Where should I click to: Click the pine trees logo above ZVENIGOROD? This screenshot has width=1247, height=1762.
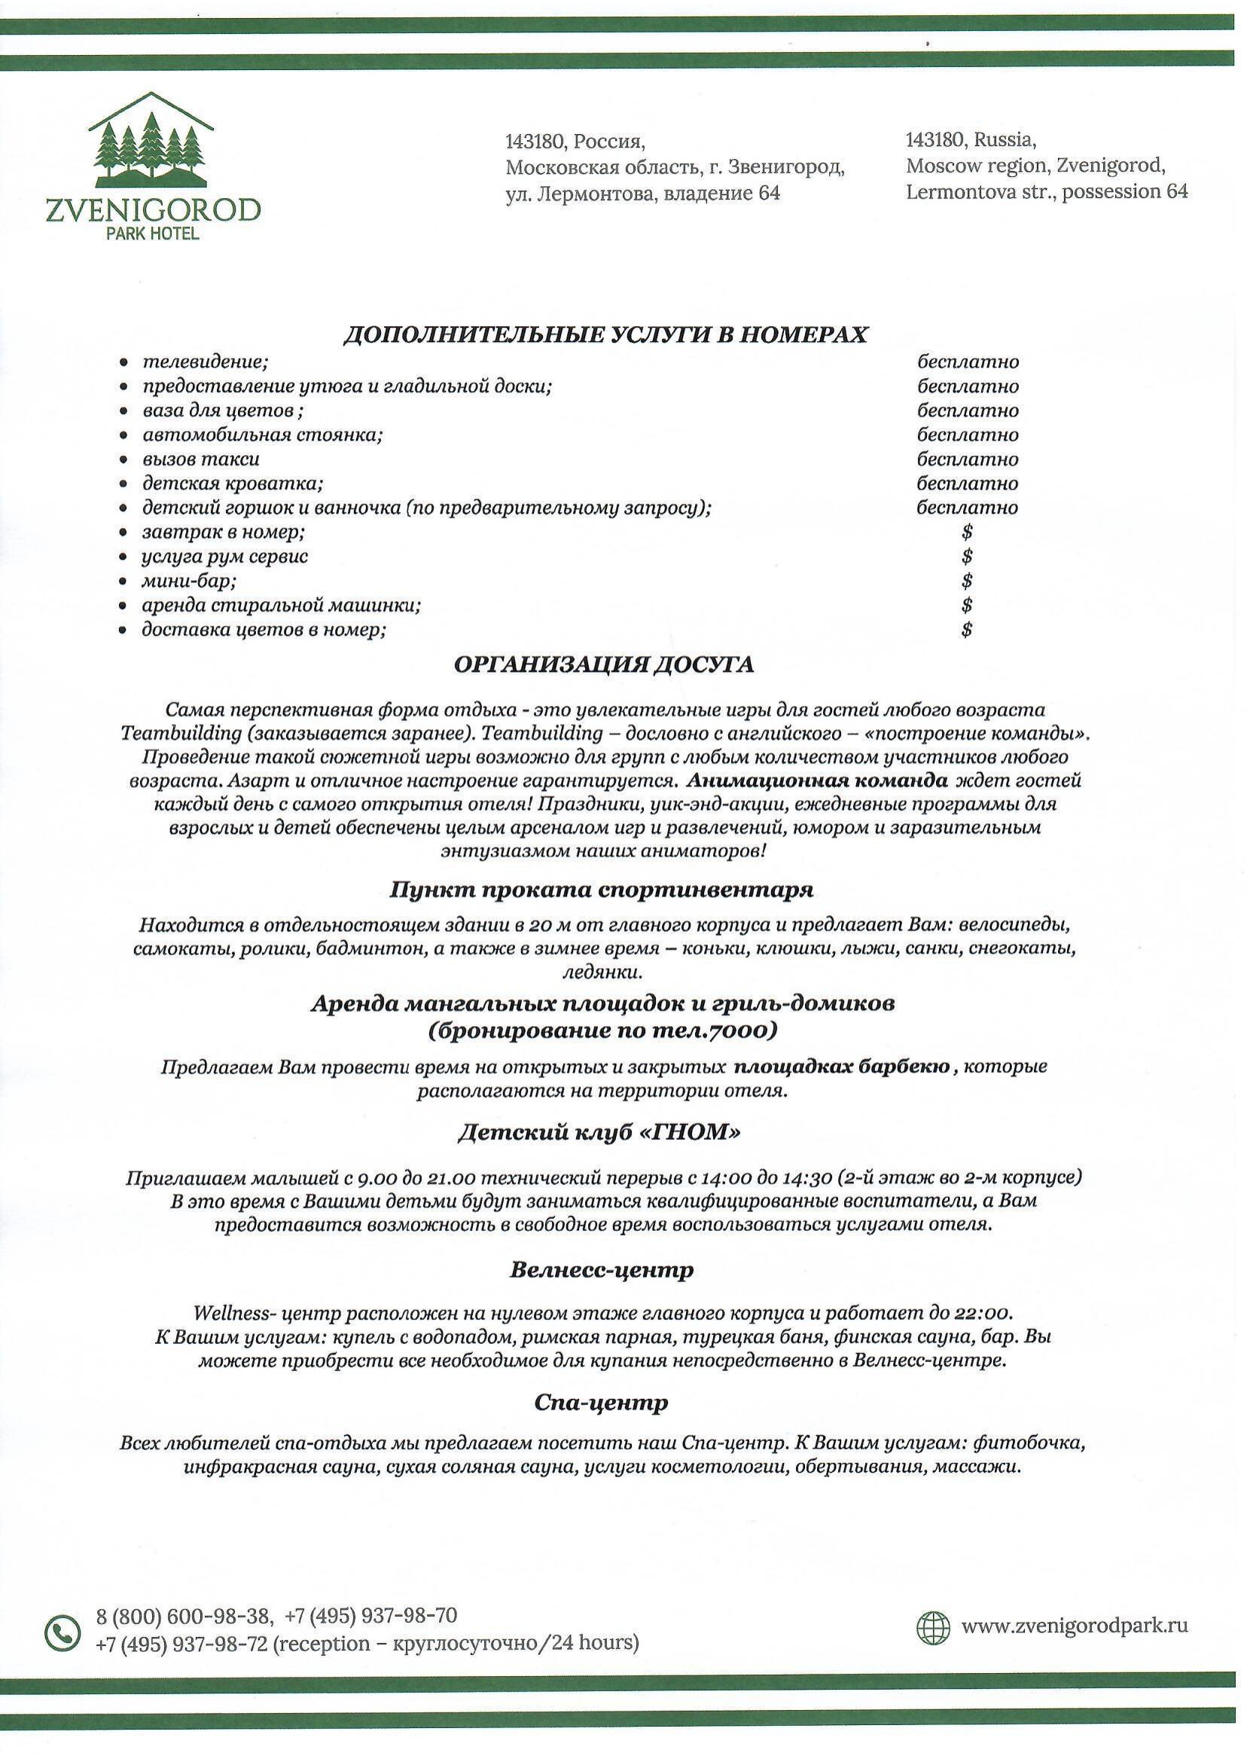pos(151,144)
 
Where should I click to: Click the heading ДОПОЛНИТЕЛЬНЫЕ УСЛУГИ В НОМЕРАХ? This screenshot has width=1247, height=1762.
pos(605,336)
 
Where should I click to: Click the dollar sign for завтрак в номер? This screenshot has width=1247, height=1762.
pos(967,532)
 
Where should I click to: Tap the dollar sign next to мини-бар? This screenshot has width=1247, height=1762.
pos(967,581)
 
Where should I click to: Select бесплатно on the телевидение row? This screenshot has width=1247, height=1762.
pos(968,361)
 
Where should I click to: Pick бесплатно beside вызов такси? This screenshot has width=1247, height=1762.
pos(968,460)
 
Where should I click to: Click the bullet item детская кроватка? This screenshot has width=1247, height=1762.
pos(233,484)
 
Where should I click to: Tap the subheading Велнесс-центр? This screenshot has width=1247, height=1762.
pos(601,1269)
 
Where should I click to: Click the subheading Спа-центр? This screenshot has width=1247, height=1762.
pos(601,1403)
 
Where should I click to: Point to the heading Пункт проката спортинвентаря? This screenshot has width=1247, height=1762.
pos(601,890)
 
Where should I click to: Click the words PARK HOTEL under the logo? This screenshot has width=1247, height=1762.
pos(154,234)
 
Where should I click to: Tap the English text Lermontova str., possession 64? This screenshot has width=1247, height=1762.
pos(1047,191)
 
